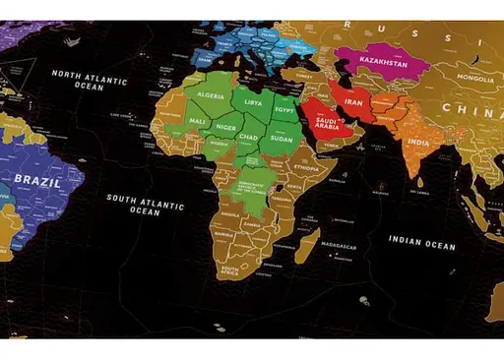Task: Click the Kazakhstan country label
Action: click(x=383, y=61)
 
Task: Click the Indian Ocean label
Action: click(x=421, y=242)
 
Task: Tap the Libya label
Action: click(x=254, y=101)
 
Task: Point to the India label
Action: click(x=418, y=143)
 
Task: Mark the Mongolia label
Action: click(x=474, y=78)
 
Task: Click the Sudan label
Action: click(x=282, y=139)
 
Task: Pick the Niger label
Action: click(x=226, y=127)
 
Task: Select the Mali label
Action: click(x=198, y=121)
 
